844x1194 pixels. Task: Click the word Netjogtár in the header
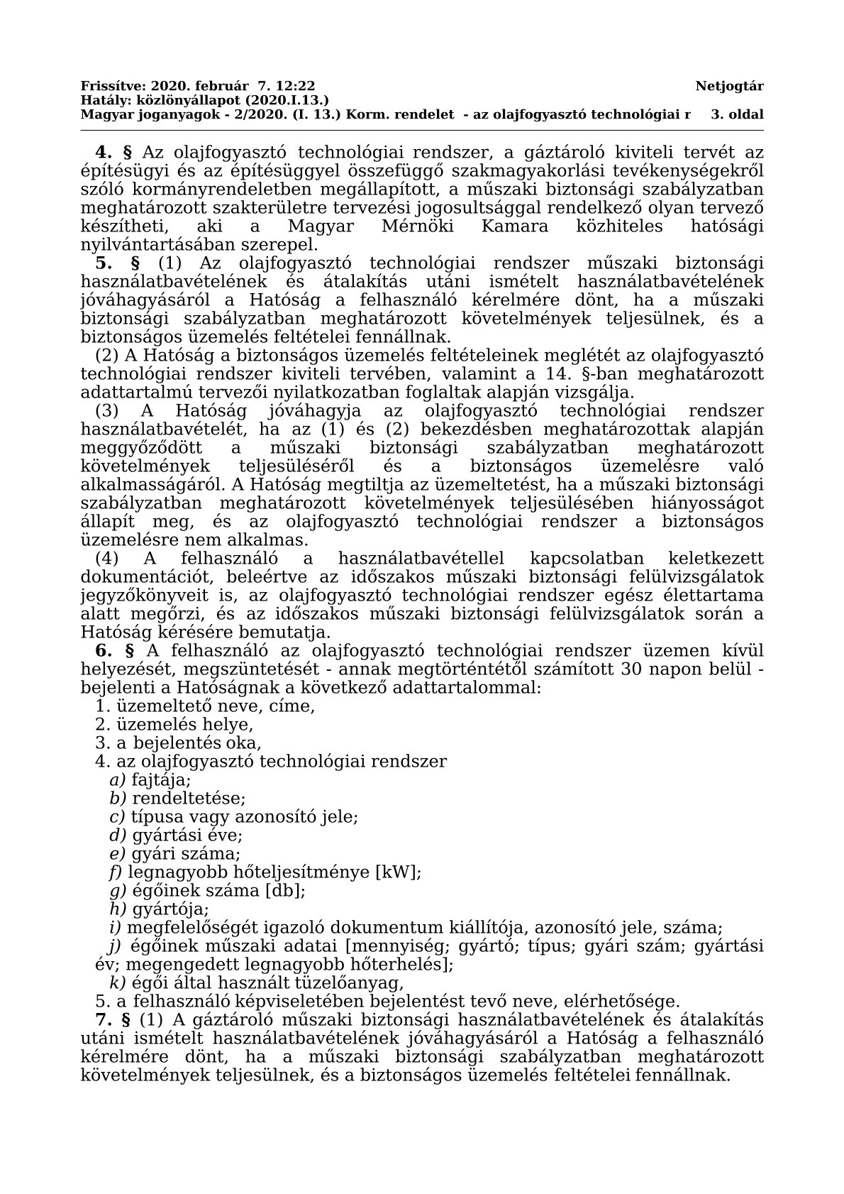click(x=729, y=87)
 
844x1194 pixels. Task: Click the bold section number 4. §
click(x=114, y=152)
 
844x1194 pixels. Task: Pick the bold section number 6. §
click(x=114, y=651)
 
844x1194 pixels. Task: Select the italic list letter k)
click(x=116, y=983)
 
